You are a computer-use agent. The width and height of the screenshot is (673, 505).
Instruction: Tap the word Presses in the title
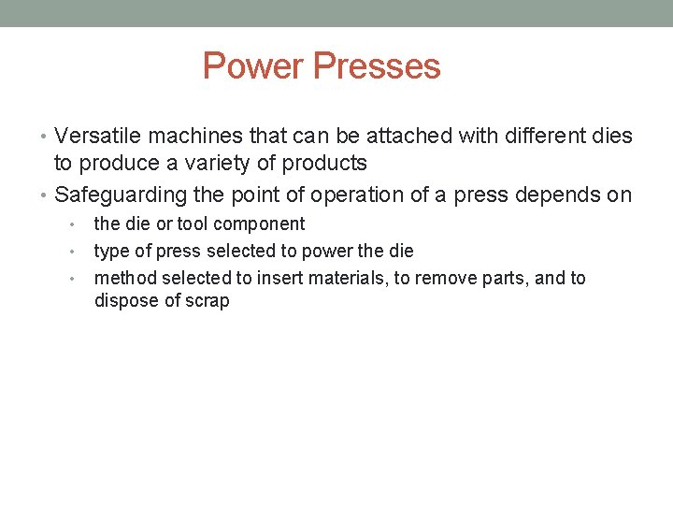click(377, 66)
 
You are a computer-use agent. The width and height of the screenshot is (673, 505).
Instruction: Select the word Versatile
click(99, 137)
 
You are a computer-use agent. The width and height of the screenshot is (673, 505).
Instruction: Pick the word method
click(125, 279)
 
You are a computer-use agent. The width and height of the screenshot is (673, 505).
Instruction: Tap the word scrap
click(207, 301)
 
